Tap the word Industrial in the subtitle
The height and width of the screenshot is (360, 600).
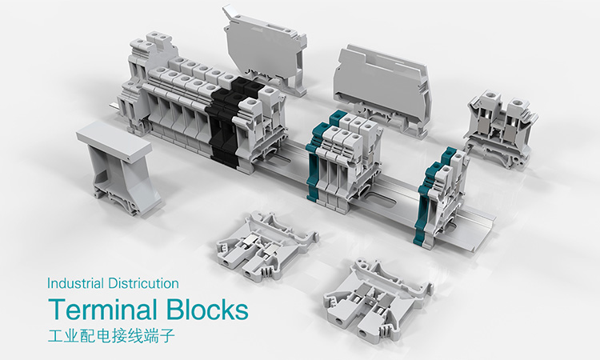tap(75, 283)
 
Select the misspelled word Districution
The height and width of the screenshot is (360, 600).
tap(143, 283)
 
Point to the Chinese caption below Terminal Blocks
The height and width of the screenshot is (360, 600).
tap(111, 335)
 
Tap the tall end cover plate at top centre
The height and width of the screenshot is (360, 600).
tap(266, 49)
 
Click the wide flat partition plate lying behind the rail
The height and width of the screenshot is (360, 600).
tap(382, 89)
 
